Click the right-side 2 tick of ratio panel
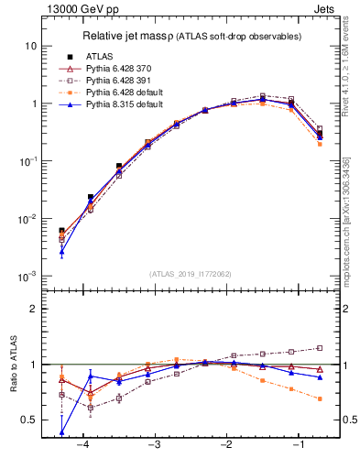344,309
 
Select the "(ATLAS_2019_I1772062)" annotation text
189,273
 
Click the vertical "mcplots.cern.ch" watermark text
346,229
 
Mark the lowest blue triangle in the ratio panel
61,432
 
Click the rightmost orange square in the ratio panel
320,398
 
